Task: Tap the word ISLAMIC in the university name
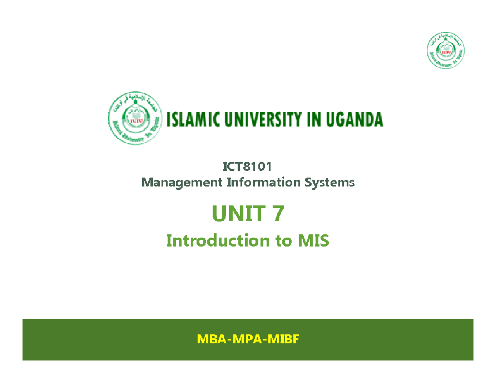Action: click(x=194, y=120)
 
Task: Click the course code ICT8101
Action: click(x=248, y=168)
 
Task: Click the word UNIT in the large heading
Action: click(x=237, y=214)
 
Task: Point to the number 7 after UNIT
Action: click(x=278, y=214)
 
